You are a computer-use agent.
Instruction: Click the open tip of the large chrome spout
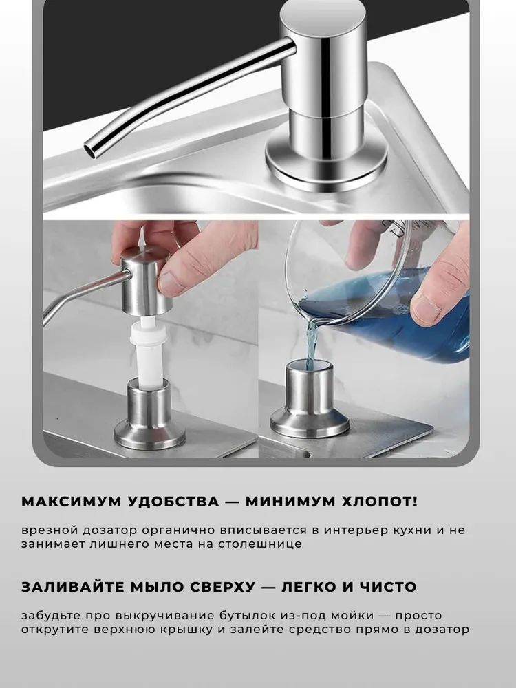(92, 149)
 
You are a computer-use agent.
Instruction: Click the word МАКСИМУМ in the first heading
(69, 502)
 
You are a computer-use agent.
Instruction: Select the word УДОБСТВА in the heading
(173, 502)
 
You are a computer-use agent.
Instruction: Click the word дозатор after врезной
(109, 530)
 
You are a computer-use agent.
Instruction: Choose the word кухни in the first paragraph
(412, 530)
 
